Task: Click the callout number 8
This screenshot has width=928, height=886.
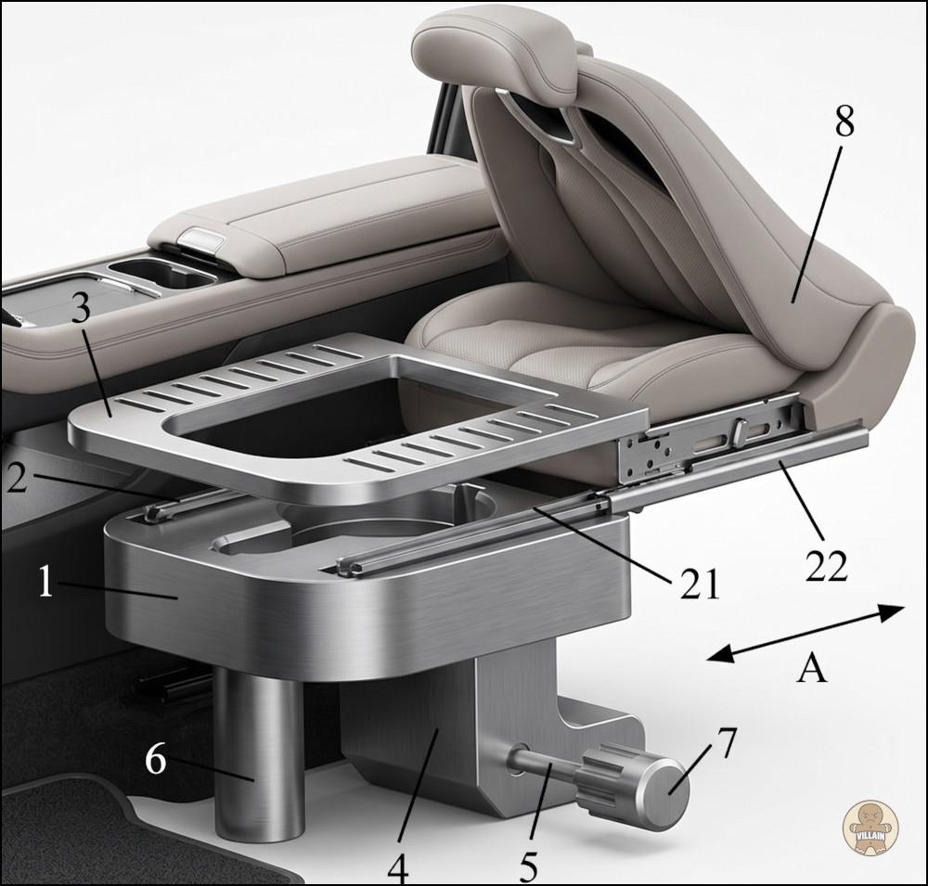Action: (x=844, y=122)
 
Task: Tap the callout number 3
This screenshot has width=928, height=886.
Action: (x=81, y=307)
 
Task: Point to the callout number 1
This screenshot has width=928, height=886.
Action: (x=46, y=581)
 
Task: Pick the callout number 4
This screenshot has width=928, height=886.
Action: (x=398, y=868)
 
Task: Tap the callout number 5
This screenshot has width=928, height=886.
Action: (x=529, y=867)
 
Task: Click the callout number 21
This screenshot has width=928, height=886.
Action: (x=700, y=584)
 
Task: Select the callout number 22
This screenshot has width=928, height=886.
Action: (x=827, y=565)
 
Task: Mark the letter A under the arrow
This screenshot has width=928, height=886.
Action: (x=811, y=669)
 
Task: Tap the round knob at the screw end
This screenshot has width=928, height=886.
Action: (x=663, y=791)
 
